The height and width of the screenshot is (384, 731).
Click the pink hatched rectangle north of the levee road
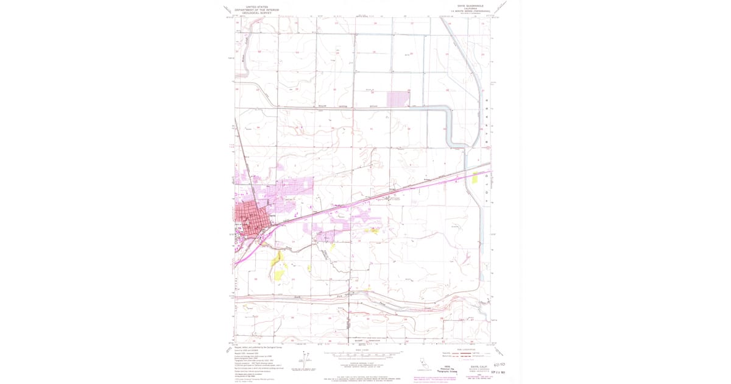point(398,98)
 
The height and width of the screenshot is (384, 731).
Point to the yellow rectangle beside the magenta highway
point(475,178)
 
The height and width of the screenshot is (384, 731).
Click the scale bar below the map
point(363,354)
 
